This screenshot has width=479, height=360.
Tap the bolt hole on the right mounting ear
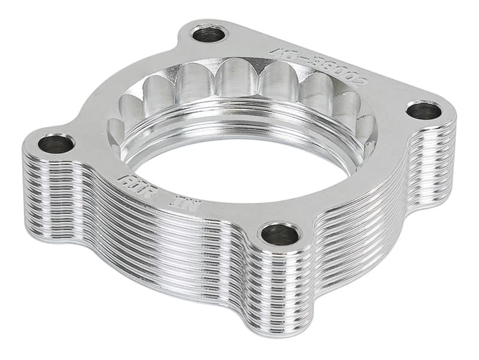tap(424, 111)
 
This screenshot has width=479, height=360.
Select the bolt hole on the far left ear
tap(56, 144)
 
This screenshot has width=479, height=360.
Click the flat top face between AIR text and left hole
tap(96, 162)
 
